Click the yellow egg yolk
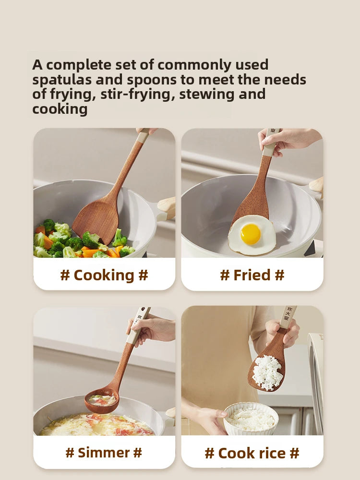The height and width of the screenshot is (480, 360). point(251,234)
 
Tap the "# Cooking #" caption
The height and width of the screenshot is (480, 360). point(104,275)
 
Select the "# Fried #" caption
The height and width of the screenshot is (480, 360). point(252,275)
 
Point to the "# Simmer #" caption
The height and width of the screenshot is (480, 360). point(104,452)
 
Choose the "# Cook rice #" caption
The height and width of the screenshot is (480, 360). point(252,453)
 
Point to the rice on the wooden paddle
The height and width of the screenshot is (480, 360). point(267,372)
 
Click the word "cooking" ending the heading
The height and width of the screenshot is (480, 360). point(60,109)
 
